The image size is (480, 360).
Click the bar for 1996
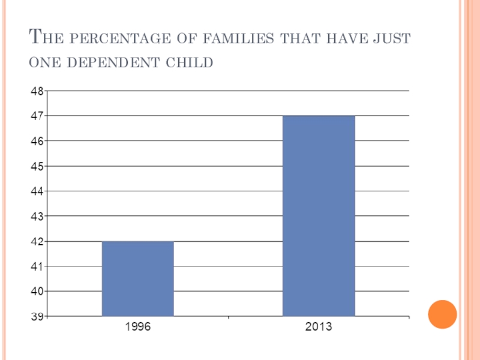click(138, 278)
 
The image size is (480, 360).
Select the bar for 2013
click(319, 215)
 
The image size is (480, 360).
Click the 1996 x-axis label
click(138, 328)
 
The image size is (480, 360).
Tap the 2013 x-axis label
click(319, 328)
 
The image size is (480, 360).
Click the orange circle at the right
click(443, 314)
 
